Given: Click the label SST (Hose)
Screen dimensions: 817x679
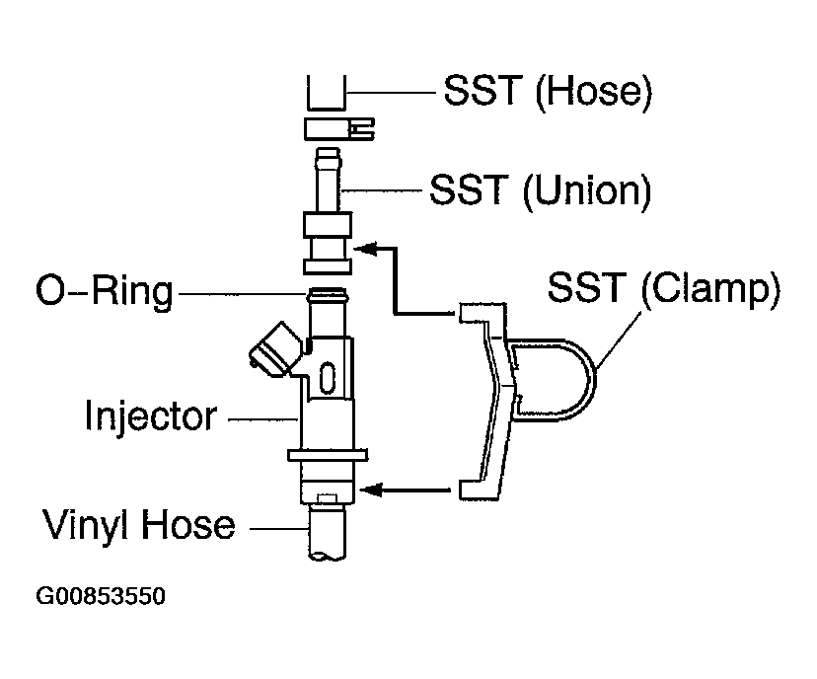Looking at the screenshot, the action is pyautogui.click(x=548, y=92).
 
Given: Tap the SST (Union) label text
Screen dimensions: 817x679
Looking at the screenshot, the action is pyautogui.click(x=541, y=190).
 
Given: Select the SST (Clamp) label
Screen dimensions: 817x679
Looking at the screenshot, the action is pyautogui.click(x=664, y=288).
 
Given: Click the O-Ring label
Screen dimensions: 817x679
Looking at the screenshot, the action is pyautogui.click(x=105, y=291).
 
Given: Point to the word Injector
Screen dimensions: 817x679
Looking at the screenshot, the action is pyautogui.click(x=151, y=416).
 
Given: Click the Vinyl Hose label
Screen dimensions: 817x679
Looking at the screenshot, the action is pyautogui.click(x=138, y=525).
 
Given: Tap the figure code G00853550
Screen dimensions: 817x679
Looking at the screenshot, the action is pyautogui.click(x=101, y=596).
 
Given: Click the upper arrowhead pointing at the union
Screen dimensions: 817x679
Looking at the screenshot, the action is pyautogui.click(x=366, y=249).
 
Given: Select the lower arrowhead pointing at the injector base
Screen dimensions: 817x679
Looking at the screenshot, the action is pyautogui.click(x=371, y=490).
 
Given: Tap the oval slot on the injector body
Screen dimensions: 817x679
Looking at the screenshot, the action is pyautogui.click(x=328, y=378).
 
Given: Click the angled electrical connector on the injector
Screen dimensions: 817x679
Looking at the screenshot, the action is pyautogui.click(x=275, y=349).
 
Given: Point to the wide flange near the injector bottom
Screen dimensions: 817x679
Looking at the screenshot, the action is pyautogui.click(x=328, y=455).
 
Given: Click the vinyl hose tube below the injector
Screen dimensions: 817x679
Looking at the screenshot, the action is pyautogui.click(x=328, y=533).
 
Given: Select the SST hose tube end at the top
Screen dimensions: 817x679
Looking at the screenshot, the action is pyautogui.click(x=327, y=93).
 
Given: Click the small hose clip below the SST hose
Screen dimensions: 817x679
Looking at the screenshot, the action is pyautogui.click(x=339, y=129).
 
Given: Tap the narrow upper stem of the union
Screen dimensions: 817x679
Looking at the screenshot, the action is pyautogui.click(x=328, y=180).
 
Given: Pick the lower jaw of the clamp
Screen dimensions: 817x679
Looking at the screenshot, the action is pyautogui.click(x=479, y=490).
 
